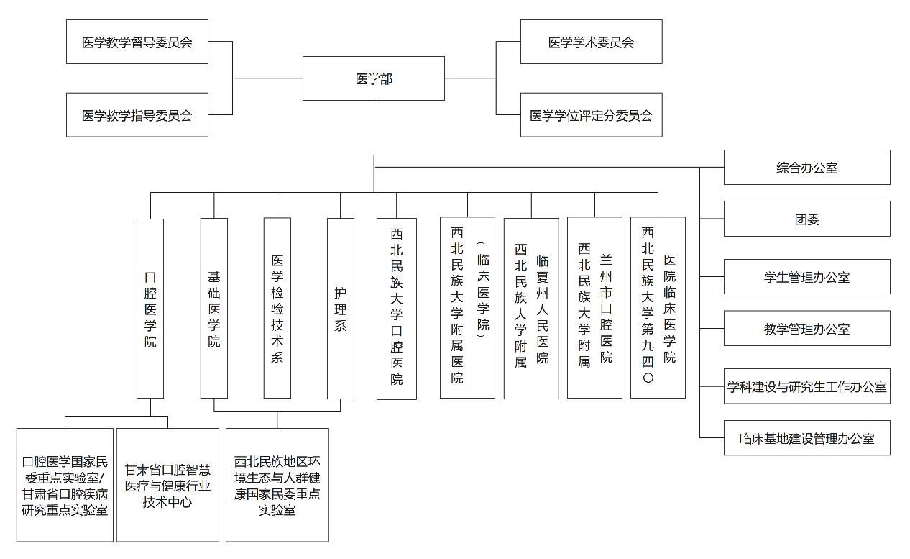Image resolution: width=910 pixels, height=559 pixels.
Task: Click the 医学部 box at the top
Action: point(373,78)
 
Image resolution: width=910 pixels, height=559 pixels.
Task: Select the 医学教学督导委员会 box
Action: point(137,42)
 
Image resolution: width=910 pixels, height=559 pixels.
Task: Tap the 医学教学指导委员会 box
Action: point(137,114)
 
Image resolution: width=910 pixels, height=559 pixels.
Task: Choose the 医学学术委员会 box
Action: point(591,42)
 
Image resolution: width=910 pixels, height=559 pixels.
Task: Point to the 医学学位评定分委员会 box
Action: point(591,114)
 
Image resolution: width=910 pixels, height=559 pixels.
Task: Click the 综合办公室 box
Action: point(806,168)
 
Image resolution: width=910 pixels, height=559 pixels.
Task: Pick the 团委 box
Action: point(806,219)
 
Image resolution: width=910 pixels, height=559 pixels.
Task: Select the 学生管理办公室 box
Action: point(806,277)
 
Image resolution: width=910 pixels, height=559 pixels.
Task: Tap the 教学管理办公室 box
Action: point(806,329)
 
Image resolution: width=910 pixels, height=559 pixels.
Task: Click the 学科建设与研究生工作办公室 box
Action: point(806,387)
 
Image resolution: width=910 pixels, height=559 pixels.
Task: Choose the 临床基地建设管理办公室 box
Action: point(806,438)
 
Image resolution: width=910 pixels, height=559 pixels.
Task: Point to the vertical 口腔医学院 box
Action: point(150,309)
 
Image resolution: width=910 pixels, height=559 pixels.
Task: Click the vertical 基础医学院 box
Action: point(213,309)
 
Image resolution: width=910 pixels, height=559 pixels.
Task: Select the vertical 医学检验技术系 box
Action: point(277,309)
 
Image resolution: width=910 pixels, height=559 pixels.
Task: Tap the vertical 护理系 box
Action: point(340,309)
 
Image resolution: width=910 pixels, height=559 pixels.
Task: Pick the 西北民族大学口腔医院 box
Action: point(397,309)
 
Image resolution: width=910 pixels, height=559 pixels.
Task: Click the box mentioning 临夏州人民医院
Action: point(531,309)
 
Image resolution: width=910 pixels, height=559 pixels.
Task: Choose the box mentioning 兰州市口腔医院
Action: point(594,309)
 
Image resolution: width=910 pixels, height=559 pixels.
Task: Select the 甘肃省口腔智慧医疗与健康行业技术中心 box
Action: point(167,485)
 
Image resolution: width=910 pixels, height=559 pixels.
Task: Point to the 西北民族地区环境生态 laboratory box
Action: point(277,485)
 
